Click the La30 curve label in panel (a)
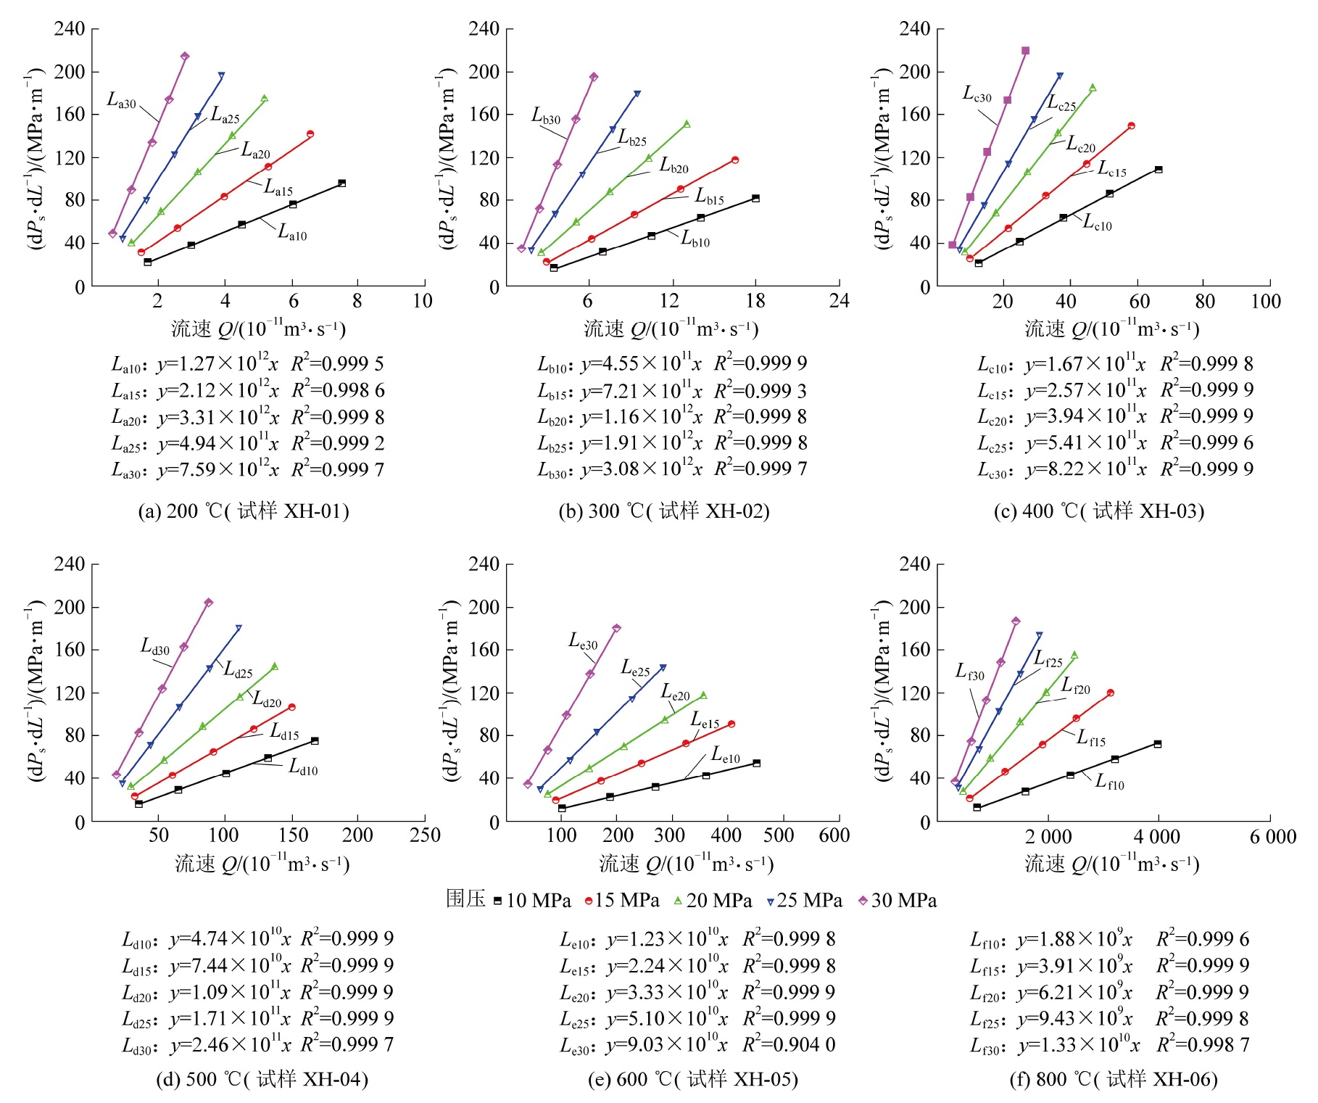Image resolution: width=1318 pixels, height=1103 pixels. (x=122, y=101)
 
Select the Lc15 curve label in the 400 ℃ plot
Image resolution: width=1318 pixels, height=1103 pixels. (x=1112, y=170)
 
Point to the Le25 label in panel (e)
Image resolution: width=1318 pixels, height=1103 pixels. (x=635, y=669)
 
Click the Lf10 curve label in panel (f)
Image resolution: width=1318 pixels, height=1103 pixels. (x=1109, y=782)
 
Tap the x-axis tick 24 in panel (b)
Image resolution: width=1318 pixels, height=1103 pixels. (x=839, y=301)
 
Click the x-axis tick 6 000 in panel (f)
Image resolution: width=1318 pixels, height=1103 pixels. (x=1272, y=837)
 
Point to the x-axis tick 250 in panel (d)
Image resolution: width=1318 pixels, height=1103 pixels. (x=425, y=835)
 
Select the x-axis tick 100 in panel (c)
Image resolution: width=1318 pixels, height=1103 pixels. (x=1266, y=301)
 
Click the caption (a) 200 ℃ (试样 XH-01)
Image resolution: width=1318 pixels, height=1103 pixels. (x=244, y=511)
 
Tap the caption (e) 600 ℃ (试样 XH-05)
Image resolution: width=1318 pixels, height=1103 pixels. (x=692, y=1080)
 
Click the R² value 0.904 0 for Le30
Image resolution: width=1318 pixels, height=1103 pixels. (x=789, y=1045)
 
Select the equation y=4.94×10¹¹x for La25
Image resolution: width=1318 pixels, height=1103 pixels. (x=217, y=443)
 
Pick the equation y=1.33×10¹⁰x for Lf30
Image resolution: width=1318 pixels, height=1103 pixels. (x=1078, y=1045)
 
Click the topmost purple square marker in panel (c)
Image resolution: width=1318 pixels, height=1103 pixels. (x=1025, y=51)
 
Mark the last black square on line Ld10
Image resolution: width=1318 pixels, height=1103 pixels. (x=315, y=741)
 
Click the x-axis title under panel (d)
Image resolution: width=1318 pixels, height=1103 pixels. (x=262, y=864)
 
